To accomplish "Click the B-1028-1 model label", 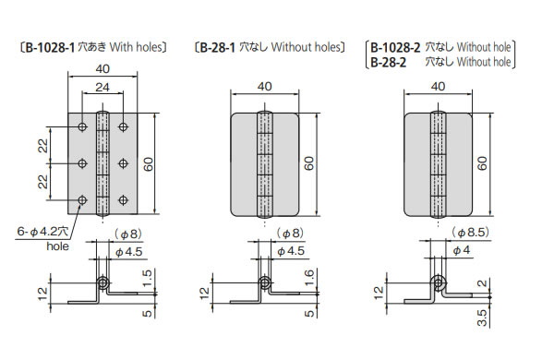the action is click(x=50, y=47).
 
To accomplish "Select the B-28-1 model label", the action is click(x=217, y=47).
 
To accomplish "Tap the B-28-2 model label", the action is click(x=389, y=63).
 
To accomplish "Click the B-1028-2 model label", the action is click(x=395, y=47).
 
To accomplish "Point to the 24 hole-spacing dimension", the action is click(x=102, y=87).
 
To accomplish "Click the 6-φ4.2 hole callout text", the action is click(x=42, y=232).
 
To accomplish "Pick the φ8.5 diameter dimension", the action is click(x=470, y=232).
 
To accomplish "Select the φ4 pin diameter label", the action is click(x=462, y=250).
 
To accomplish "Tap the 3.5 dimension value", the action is click(x=482, y=318).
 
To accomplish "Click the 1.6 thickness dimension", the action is click(x=308, y=278).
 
